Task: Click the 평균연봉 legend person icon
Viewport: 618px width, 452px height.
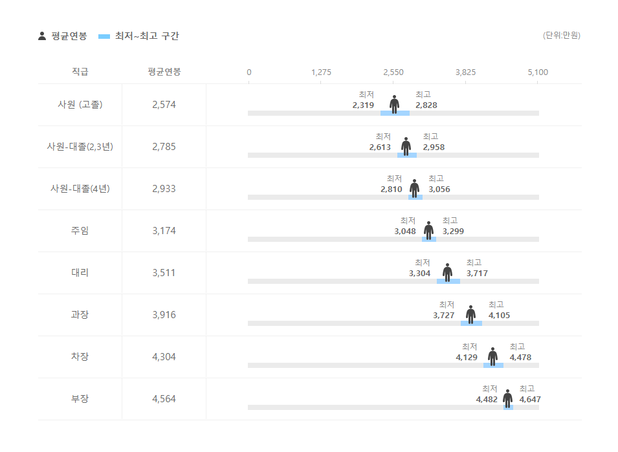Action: [x=43, y=36]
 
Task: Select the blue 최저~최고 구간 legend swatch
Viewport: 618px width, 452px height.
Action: [x=104, y=36]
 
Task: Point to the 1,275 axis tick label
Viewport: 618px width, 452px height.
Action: [x=321, y=72]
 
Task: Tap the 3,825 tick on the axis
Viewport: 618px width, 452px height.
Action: [x=465, y=72]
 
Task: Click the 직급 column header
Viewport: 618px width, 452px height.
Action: [x=80, y=72]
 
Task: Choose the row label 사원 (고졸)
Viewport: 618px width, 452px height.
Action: [x=80, y=105]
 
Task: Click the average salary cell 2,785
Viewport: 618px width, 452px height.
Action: [x=164, y=147]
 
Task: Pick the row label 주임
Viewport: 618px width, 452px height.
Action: [x=80, y=231]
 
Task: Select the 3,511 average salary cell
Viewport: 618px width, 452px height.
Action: [x=164, y=273]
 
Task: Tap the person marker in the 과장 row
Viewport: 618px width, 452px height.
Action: [x=470, y=314]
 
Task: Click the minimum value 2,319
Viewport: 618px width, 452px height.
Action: [x=363, y=105]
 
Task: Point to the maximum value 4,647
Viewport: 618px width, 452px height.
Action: [x=530, y=400]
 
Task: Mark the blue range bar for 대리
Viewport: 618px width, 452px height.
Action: [x=448, y=281]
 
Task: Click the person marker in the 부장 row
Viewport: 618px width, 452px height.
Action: [x=507, y=398]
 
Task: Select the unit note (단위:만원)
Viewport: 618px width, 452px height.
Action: [x=561, y=36]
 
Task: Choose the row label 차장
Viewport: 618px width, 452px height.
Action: [x=80, y=357]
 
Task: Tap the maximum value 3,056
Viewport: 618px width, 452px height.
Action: [x=439, y=189]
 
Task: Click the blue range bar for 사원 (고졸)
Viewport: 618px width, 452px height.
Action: [x=395, y=113]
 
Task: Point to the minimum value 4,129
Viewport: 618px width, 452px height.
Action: [x=467, y=358]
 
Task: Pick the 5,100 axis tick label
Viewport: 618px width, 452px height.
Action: [x=538, y=72]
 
